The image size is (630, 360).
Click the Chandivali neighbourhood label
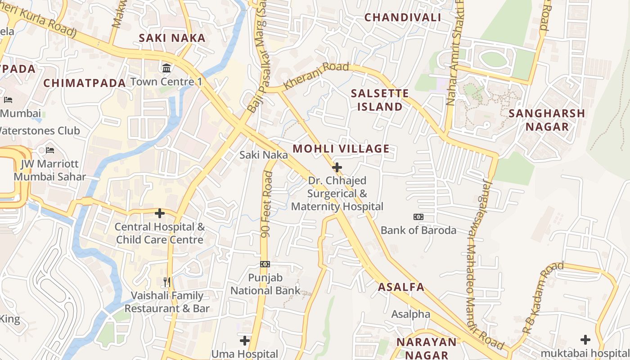402,18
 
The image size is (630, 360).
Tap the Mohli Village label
341,149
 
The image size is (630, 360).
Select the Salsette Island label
379,100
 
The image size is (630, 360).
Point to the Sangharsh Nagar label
547,120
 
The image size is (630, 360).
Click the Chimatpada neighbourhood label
84,83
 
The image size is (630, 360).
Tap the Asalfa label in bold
401,287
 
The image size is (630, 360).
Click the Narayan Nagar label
426,348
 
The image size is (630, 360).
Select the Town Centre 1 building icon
166,68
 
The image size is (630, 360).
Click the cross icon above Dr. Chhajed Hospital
337,167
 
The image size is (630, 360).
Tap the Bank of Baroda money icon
418,217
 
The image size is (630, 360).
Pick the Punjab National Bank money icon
265,264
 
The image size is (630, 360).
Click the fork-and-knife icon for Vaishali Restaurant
167,282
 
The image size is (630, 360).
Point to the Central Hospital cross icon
160,213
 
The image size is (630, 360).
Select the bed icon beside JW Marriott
50,150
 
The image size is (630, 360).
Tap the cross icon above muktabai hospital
585,339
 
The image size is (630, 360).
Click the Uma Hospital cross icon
245,341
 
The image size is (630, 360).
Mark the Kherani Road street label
317,74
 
